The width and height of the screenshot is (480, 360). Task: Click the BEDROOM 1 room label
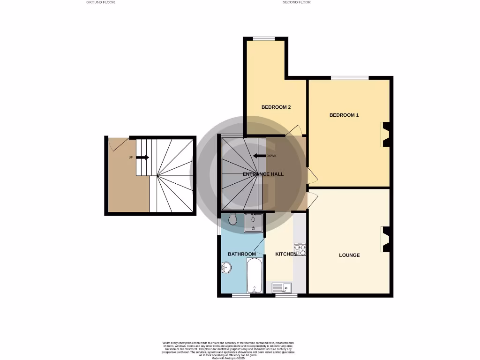pyautogui.click(x=344, y=115)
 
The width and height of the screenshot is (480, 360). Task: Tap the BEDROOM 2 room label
pyautogui.click(x=276, y=107)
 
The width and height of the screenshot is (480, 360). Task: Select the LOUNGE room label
pyautogui.click(x=349, y=255)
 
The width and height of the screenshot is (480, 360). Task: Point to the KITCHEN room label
pyautogui.click(x=286, y=254)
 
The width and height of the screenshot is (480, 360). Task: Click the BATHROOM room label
pyautogui.click(x=242, y=254)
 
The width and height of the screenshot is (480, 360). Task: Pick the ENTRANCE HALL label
pyautogui.click(x=263, y=174)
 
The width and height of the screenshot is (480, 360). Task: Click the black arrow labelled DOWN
pyautogui.click(x=259, y=156)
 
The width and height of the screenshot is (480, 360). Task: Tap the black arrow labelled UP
pyautogui.click(x=142, y=157)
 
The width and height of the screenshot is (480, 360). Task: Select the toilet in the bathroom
pyautogui.click(x=233, y=219)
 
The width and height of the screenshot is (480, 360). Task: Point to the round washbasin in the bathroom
pyautogui.click(x=226, y=268)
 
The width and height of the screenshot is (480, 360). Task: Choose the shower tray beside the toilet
pyautogui.click(x=253, y=223)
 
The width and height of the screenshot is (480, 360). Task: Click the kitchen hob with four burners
pyautogui.click(x=300, y=250)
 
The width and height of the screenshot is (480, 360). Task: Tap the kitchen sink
pyautogui.click(x=282, y=287)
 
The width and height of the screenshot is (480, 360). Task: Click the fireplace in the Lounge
pyautogui.click(x=386, y=239)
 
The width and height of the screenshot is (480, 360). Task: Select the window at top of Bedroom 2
pyautogui.click(x=264, y=38)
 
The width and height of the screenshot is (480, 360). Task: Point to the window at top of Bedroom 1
pyautogui.click(x=349, y=78)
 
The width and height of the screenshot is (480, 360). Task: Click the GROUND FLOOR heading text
pyautogui.click(x=100, y=2)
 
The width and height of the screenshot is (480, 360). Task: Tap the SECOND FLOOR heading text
pyautogui.click(x=296, y=2)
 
